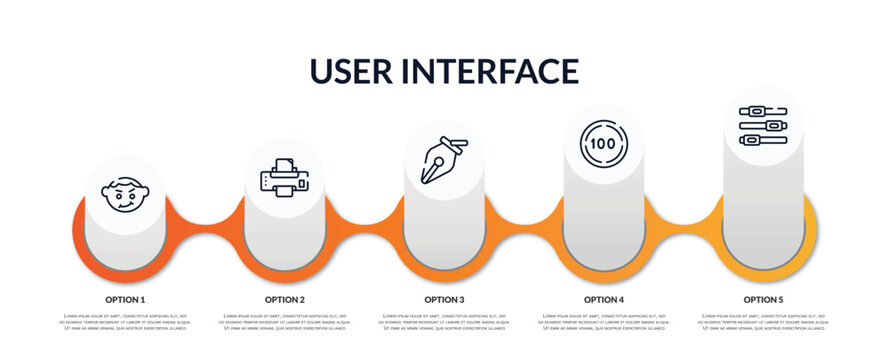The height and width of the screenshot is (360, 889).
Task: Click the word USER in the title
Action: pyautogui.click(x=356, y=71)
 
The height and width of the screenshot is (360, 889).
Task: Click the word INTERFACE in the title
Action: pyautogui.click(x=494, y=71)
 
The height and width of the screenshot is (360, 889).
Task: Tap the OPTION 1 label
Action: pyautogui.click(x=125, y=299)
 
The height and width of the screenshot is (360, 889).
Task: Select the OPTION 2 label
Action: pyautogui.click(x=285, y=299)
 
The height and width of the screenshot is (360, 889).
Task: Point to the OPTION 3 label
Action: pyautogui.click(x=444, y=299)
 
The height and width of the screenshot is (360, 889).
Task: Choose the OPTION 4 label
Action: pyautogui.click(x=604, y=299)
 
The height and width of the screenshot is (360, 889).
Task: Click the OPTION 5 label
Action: pyautogui.click(x=763, y=299)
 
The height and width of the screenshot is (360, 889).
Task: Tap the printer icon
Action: pyautogui.click(x=284, y=177)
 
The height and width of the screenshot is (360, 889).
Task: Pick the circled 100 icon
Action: pyautogui.click(x=603, y=144)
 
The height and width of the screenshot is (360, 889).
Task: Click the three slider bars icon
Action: pyautogui.click(x=763, y=126)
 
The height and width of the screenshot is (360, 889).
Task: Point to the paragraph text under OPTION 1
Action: pyautogui.click(x=125, y=322)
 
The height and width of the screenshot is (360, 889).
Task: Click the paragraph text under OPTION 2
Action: pyautogui.click(x=285, y=322)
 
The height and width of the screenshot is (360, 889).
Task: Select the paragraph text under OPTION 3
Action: pyautogui.click(x=444, y=322)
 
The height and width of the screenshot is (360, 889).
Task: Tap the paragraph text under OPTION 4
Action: pyautogui.click(x=604, y=322)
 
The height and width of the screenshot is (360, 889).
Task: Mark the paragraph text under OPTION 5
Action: pyautogui.click(x=763, y=322)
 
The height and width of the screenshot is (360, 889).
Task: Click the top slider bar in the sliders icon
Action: pyautogui.click(x=763, y=112)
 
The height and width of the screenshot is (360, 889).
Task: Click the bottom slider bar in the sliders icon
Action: pyautogui.click(x=763, y=140)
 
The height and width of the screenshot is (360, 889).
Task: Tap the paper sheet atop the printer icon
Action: pyautogui.click(x=284, y=165)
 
